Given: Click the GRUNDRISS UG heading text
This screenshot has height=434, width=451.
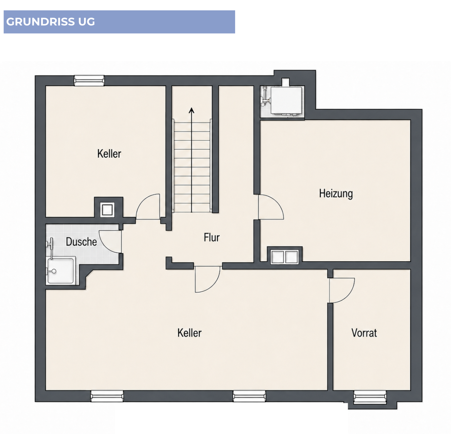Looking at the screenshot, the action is click(x=50, y=22).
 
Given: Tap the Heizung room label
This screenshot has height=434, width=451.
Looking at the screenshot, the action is click(x=336, y=193).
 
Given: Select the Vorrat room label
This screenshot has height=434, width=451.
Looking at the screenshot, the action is click(x=364, y=333).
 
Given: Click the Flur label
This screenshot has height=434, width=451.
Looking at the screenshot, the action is click(x=211, y=237).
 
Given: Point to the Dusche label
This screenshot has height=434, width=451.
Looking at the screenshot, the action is click(x=81, y=242).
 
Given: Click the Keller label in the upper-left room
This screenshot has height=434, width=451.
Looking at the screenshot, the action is click(x=109, y=154).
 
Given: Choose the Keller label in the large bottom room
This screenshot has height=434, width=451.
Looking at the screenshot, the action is click(x=189, y=333).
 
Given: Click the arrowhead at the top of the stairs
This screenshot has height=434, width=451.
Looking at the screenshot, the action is click(x=192, y=110).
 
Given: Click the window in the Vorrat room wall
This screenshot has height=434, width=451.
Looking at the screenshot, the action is click(x=370, y=398).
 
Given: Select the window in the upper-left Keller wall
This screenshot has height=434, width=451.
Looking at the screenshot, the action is click(x=89, y=81).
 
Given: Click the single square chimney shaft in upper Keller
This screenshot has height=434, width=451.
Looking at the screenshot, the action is click(x=107, y=210).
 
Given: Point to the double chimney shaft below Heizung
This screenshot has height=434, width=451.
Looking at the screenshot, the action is click(x=284, y=257).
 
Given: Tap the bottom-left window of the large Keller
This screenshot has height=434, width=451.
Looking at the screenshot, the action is click(x=107, y=396).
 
